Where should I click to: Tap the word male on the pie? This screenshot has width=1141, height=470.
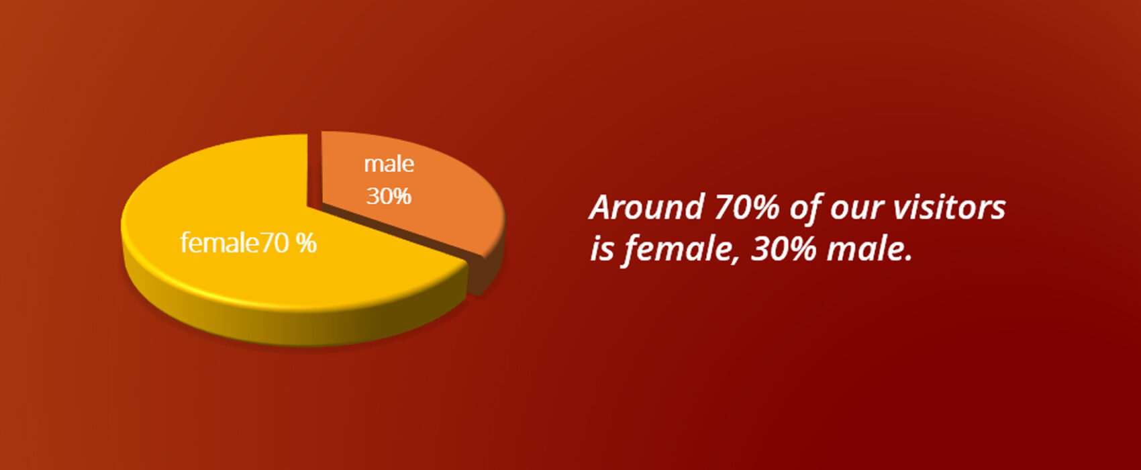(x=389, y=164)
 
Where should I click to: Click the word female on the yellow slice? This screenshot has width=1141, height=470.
(x=220, y=242)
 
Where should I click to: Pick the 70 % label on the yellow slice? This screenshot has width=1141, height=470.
(x=289, y=243)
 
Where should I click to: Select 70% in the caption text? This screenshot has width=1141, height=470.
(x=747, y=207)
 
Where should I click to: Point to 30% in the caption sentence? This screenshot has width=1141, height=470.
(x=784, y=249)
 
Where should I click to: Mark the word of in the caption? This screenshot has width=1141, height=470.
(x=805, y=207)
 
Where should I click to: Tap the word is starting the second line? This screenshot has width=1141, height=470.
(x=602, y=250)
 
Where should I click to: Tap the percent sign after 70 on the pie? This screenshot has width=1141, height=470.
(x=307, y=243)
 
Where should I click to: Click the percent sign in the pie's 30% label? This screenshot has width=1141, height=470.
(x=401, y=196)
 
